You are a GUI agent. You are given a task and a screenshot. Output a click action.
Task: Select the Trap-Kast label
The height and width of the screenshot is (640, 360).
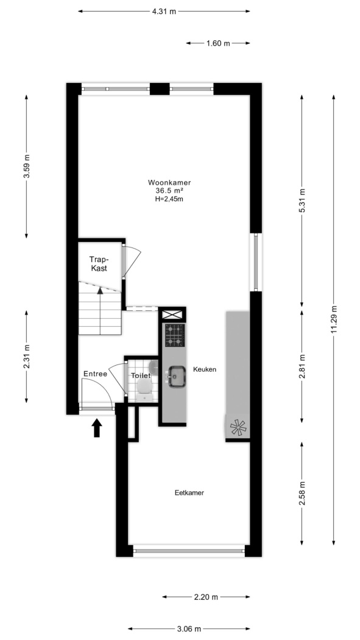pyautogui.click(x=100, y=263)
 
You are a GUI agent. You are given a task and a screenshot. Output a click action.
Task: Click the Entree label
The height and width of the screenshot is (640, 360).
pyautogui.click(x=96, y=374)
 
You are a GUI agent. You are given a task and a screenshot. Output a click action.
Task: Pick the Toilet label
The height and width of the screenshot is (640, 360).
pyautogui.click(x=141, y=375)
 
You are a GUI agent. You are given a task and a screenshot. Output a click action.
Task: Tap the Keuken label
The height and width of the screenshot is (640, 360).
pyautogui.click(x=205, y=369)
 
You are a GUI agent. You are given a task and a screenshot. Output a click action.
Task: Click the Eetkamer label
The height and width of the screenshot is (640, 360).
pyautogui.click(x=189, y=492)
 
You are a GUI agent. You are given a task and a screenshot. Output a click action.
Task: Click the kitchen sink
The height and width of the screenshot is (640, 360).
pyautogui.click(x=177, y=376)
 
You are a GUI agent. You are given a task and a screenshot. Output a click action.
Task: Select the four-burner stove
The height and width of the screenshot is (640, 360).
pyautogui.click(x=175, y=335)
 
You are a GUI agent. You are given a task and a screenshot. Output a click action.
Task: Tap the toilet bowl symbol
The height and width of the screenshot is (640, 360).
pyautogui.click(x=144, y=388)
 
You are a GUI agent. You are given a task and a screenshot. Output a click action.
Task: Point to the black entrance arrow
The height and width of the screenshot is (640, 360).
pyautogui.click(x=97, y=428)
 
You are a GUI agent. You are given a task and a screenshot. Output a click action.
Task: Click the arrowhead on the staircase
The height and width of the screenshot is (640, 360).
pyautogui.click(x=100, y=290)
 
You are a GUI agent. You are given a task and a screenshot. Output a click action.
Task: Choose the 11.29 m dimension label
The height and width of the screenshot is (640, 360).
pyautogui.click(x=334, y=320)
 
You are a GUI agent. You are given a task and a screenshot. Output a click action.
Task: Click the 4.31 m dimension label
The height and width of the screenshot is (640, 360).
pyautogui.click(x=164, y=12)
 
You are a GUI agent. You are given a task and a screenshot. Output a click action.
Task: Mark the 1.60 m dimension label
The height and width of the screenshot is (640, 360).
pyautogui.click(x=218, y=43)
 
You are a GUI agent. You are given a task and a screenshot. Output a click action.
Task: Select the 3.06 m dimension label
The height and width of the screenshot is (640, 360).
pyautogui.click(x=189, y=629)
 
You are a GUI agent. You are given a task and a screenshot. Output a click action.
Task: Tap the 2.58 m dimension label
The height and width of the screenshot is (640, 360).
pyautogui.click(x=302, y=494)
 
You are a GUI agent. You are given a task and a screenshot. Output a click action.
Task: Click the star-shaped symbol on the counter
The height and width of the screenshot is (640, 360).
pyautogui.click(x=239, y=427)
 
